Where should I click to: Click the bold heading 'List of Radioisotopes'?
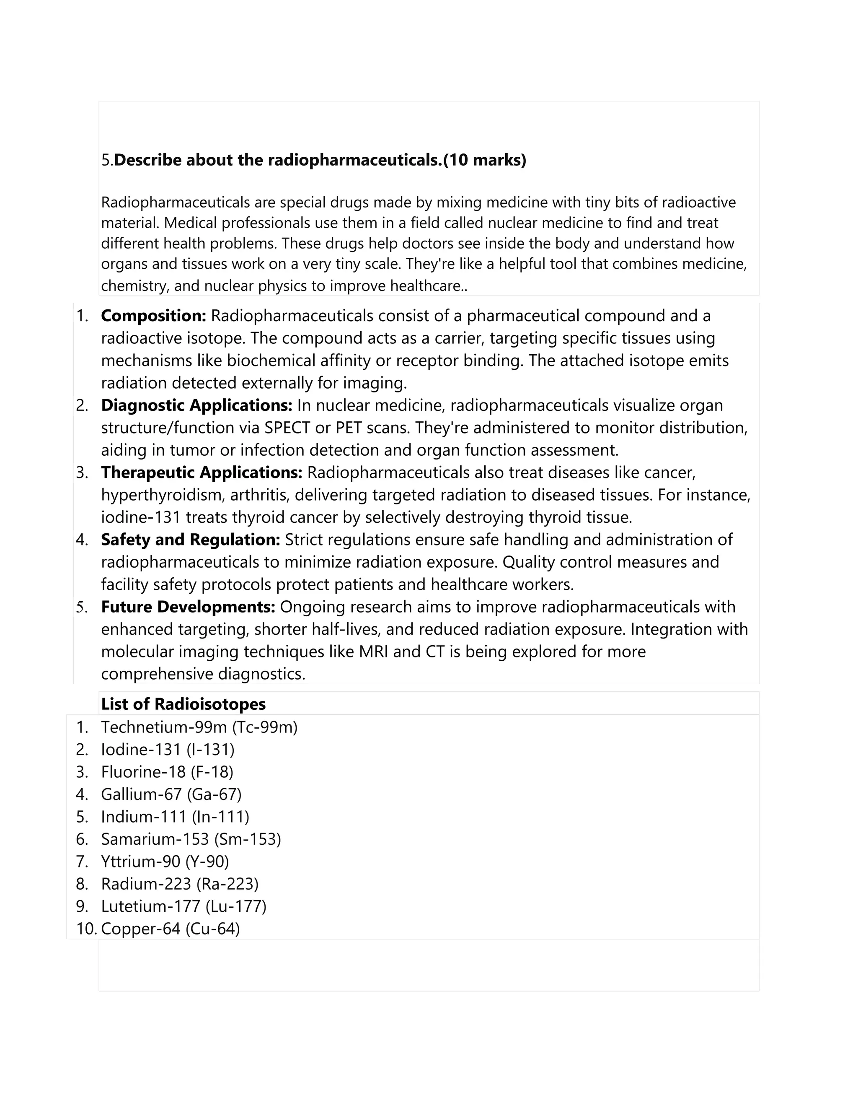[x=183, y=704]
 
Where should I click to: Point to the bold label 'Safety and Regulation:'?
[x=191, y=540]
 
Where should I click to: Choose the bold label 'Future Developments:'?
[x=188, y=607]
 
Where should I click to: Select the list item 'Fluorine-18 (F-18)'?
[x=167, y=772]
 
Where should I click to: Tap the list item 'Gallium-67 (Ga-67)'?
[x=171, y=794]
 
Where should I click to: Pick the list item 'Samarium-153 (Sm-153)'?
[x=191, y=839]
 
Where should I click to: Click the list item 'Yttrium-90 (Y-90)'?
[x=165, y=862]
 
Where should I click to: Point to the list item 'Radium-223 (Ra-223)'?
[x=180, y=884]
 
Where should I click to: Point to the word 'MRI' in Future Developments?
[x=374, y=652]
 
